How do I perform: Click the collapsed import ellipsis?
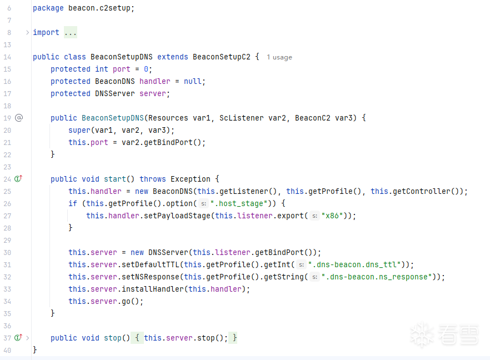71,32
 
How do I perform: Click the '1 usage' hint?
279,57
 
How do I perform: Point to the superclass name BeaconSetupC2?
222,57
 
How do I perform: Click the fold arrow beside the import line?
27,32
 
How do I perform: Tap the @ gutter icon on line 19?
19,118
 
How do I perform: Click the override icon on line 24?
18,179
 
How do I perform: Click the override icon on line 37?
18,338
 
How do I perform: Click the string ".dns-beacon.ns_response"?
377,277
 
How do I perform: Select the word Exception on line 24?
191,179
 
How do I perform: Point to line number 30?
7,252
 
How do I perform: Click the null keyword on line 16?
193,81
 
